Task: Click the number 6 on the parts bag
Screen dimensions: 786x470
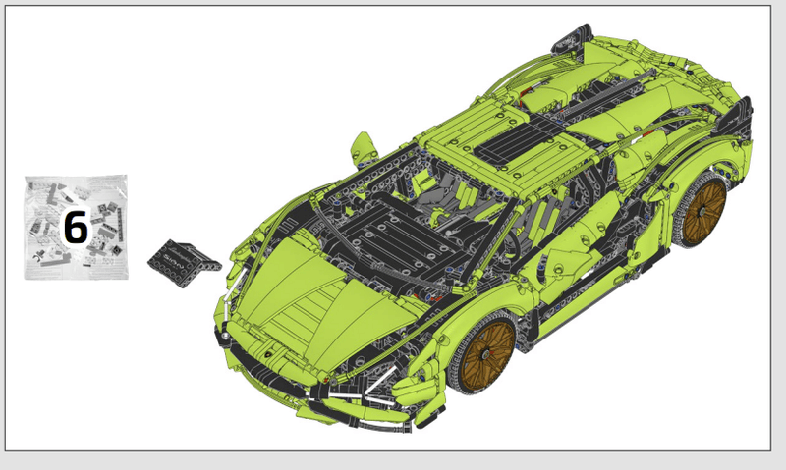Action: (x=76, y=228)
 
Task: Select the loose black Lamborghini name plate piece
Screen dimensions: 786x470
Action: (x=184, y=263)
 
